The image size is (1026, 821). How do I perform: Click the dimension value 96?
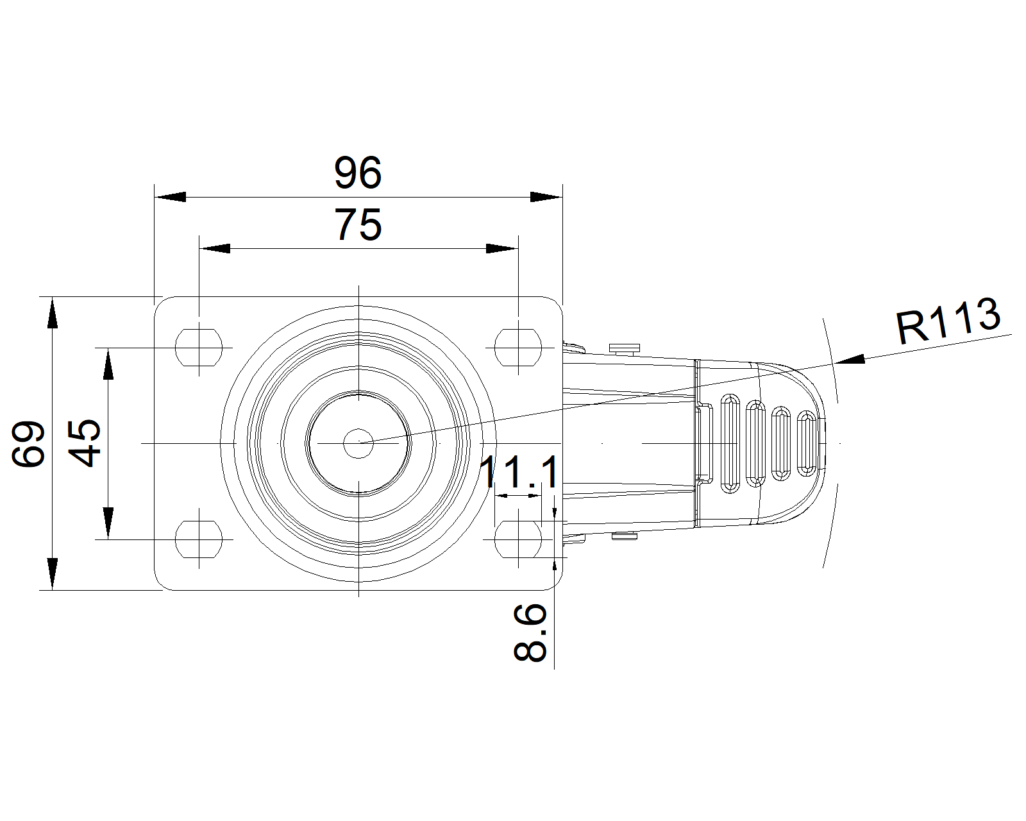click(x=358, y=172)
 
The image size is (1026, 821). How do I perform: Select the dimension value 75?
click(x=358, y=224)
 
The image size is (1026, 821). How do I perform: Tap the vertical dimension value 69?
click(x=28, y=444)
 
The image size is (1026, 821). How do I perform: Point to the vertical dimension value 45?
click(x=85, y=443)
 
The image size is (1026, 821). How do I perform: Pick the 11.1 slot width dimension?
click(x=519, y=472)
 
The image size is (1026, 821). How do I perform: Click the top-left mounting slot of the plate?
click(x=199, y=348)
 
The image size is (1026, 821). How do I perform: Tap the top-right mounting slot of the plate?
click(x=518, y=348)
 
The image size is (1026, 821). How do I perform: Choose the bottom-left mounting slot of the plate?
click(x=199, y=539)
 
